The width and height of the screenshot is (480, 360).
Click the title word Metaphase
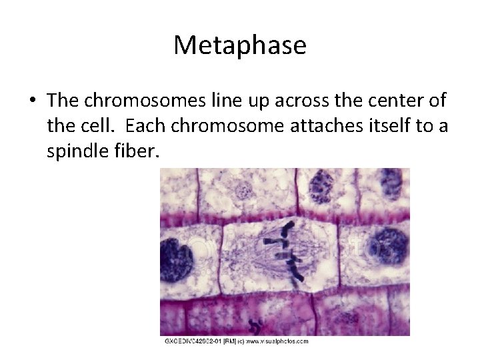click(x=240, y=45)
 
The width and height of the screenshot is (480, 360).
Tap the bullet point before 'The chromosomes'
click(x=33, y=101)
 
